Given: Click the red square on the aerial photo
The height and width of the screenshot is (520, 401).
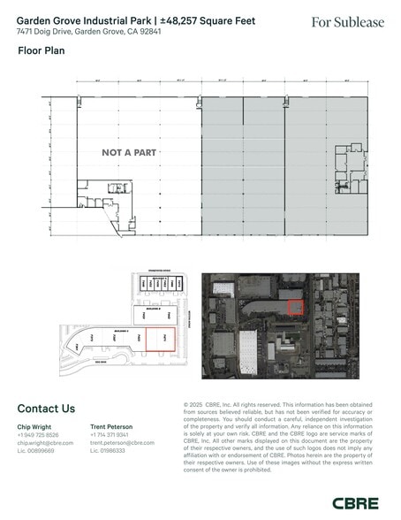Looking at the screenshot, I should [x=297, y=306].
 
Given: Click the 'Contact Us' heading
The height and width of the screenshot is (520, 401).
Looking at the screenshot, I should [x=46, y=409].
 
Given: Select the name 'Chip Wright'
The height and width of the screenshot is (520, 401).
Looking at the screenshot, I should [x=34, y=426].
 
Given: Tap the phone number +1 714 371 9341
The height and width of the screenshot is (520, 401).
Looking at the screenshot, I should [x=110, y=434].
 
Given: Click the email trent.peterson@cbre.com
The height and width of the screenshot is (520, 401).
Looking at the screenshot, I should [x=122, y=442].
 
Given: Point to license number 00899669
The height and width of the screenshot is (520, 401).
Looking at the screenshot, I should [x=36, y=450].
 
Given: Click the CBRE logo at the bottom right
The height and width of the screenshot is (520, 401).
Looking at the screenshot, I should [x=357, y=502].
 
